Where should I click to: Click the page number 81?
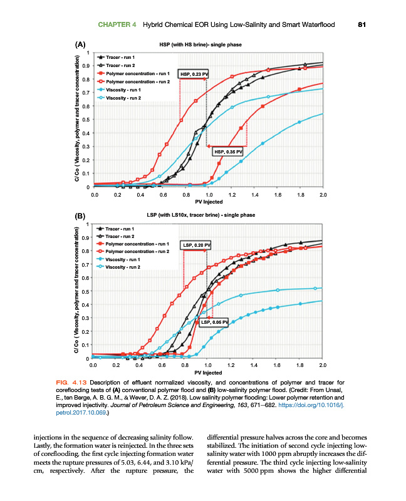(x=361, y=24)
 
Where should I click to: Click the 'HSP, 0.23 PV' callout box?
(x=194, y=74)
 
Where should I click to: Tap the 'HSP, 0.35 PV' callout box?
(x=228, y=152)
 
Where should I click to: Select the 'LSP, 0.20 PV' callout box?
(x=196, y=244)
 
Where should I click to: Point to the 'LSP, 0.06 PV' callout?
(x=214, y=322)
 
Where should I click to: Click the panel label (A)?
(x=80, y=45)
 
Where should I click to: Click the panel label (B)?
(x=80, y=216)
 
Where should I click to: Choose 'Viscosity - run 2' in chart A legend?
(x=123, y=98)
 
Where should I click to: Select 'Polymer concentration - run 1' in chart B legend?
(x=138, y=243)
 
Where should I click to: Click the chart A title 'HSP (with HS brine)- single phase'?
(x=200, y=44)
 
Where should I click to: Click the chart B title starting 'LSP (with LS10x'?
(x=200, y=215)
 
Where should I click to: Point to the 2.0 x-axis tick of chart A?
(x=323, y=195)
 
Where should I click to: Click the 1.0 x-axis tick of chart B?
(x=208, y=364)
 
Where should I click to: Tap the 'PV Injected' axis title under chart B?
(x=208, y=373)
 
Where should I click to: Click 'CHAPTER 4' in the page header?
(x=118, y=24)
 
